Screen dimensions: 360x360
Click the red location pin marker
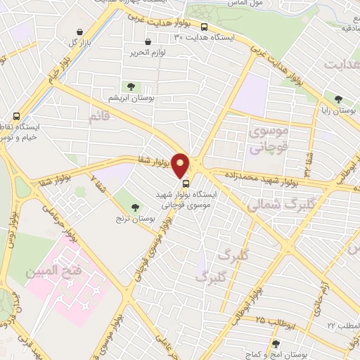point(181,165)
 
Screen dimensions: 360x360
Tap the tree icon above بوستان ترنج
point(136,207)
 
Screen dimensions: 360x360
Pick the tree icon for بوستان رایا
point(340,99)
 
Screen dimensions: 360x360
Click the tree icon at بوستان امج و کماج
point(275,345)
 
